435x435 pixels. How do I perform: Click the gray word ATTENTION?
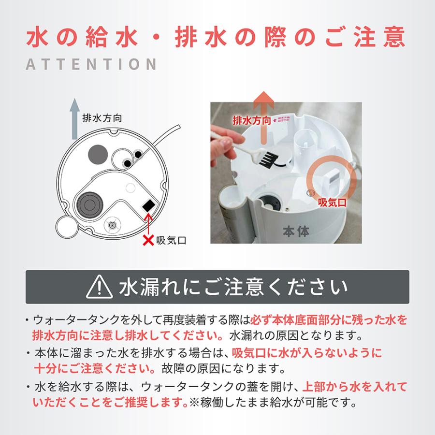point(91,64)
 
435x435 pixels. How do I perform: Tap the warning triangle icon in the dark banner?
point(99,287)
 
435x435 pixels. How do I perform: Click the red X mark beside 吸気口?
point(148,240)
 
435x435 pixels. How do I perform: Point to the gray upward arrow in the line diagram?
point(74,119)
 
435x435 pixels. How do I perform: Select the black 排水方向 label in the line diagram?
point(102,118)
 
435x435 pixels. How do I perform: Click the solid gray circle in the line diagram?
point(98,155)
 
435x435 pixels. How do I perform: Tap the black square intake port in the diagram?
point(149,205)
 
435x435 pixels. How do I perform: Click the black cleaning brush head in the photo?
point(269,159)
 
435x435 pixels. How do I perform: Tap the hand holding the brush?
point(221,145)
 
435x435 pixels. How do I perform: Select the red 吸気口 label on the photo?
point(332,203)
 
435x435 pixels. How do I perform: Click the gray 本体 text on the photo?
point(296,232)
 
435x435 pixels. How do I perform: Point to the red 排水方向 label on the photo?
point(252,120)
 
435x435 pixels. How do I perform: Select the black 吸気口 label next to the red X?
point(171,240)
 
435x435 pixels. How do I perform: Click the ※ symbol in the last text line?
point(194,402)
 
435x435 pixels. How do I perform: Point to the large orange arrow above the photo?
point(263,117)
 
